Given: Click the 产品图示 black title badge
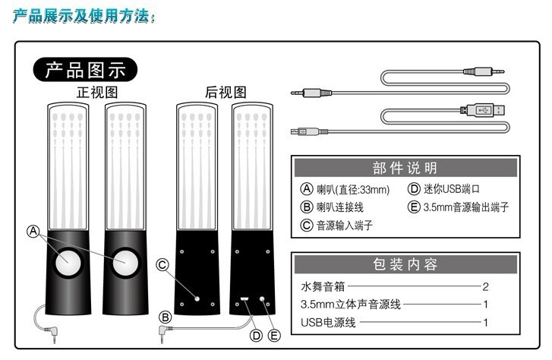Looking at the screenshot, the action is [85, 70].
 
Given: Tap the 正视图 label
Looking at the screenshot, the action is [97, 93].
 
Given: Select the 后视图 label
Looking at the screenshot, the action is [226, 93].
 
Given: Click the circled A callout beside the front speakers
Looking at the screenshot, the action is [33, 232].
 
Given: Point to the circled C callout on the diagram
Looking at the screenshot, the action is [162, 264].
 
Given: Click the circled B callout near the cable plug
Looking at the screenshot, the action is [165, 317].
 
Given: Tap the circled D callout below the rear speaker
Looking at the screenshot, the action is [257, 335].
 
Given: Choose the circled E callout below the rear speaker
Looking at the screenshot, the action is [274, 335].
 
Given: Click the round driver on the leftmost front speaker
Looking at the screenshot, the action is [68, 263].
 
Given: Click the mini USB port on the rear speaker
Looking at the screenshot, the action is [244, 299].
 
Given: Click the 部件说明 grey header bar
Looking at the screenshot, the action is [405, 168].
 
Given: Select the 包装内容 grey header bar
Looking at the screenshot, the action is [405, 264].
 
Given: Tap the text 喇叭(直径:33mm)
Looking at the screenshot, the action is [353, 190].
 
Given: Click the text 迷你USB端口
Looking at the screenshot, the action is [451, 189].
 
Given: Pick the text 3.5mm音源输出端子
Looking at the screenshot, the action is [466, 207].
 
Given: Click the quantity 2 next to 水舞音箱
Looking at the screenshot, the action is [485, 287].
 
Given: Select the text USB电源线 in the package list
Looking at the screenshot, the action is [328, 322].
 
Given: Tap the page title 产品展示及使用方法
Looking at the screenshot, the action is [84, 16].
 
